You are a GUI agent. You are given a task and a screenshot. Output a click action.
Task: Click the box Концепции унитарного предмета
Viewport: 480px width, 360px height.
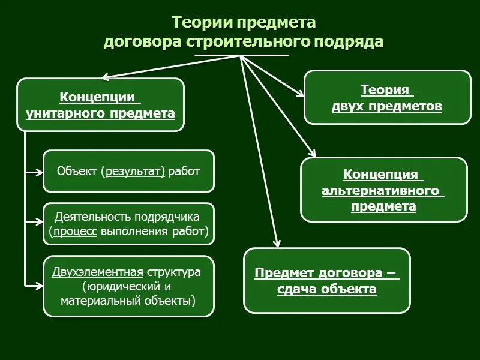(x=100, y=105)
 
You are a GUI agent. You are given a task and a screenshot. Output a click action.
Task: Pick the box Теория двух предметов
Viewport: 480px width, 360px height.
(x=387, y=98)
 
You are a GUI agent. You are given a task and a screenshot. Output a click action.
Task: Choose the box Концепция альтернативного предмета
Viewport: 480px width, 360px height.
(x=383, y=190)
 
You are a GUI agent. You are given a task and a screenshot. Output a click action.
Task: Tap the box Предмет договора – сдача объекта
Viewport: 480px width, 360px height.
(x=326, y=281)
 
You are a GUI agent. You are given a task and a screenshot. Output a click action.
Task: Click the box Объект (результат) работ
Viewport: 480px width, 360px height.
(x=128, y=171)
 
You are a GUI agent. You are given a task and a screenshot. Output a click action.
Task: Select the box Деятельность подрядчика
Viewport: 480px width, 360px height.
(x=128, y=224)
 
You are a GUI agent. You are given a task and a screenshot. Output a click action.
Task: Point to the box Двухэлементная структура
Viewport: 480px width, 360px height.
(x=128, y=286)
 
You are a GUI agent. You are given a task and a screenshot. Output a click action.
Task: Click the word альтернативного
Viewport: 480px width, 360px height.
(x=383, y=191)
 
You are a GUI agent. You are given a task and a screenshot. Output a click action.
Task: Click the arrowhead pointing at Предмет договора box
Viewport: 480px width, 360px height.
(x=277, y=243)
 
